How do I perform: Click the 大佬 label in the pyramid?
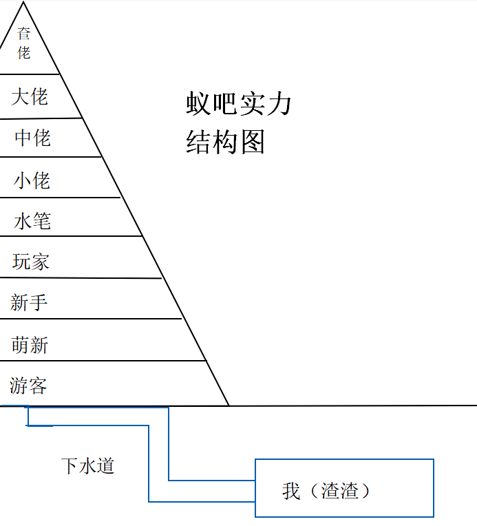pos(30,96)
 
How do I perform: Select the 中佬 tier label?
pos(32,138)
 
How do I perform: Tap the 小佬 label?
pos(32,180)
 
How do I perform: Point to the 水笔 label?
pos(32,221)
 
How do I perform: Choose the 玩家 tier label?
pos(31,262)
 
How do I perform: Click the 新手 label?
pos(29,302)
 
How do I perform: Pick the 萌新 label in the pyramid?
pos(30,344)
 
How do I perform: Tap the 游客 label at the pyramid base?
pos(29,386)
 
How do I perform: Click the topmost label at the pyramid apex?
pos(24,43)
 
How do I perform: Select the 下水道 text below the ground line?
pos(87,465)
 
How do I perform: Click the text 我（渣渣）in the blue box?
pos(327,490)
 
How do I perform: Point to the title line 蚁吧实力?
pos(239,104)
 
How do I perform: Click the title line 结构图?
pos(225,143)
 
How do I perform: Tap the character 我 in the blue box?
pos(291,490)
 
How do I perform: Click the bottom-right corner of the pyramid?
pos(229,406)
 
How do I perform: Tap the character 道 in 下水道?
pos(105,465)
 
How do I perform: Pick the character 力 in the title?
pos(280,104)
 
